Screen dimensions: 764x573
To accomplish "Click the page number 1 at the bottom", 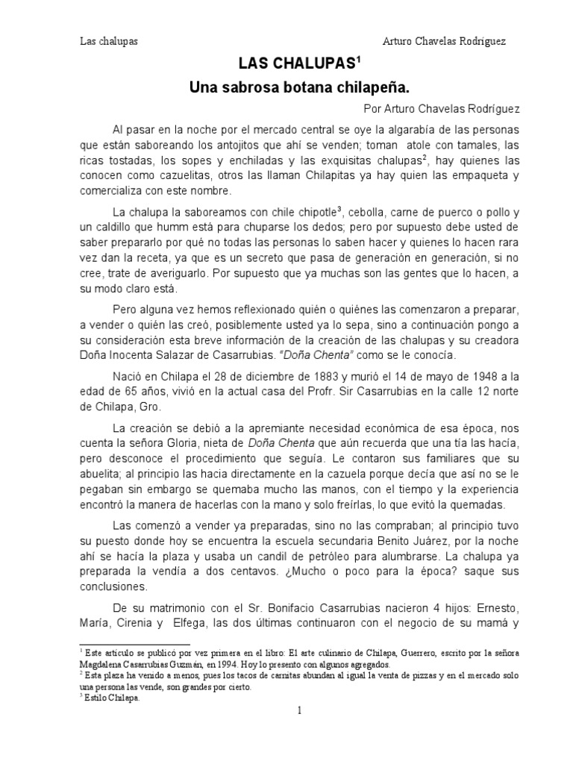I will coord(299,710).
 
